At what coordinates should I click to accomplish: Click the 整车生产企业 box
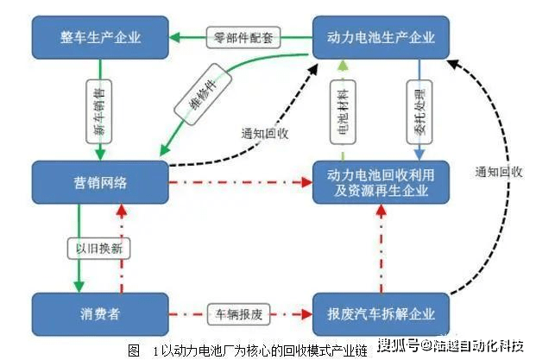click(100, 38)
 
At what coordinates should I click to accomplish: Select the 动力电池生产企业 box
click(381, 38)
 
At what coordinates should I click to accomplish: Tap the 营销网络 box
click(100, 183)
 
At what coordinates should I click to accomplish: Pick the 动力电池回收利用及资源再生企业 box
click(381, 183)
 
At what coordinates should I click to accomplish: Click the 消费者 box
click(100, 312)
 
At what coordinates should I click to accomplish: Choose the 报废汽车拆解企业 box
click(381, 312)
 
